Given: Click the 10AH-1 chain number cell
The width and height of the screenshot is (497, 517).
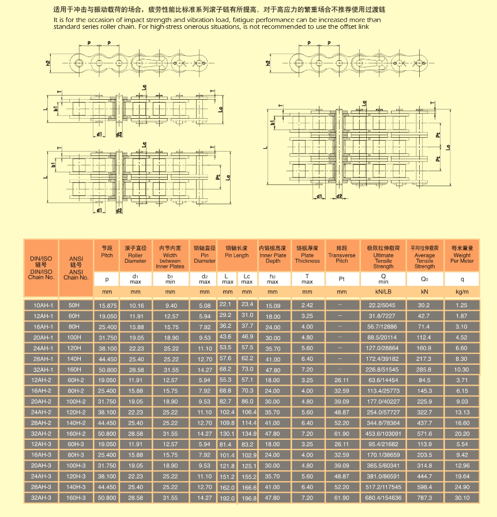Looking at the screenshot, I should [42, 305].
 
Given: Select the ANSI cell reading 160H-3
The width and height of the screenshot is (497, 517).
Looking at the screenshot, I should [76, 497].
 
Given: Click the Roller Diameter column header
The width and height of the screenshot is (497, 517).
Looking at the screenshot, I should [135, 255].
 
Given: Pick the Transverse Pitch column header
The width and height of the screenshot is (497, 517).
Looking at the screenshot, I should [342, 255].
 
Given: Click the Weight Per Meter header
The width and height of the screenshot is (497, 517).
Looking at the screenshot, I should [462, 255].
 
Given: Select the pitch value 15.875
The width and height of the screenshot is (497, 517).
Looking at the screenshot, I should [107, 305].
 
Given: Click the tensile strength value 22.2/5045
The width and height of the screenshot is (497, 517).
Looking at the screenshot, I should [383, 305].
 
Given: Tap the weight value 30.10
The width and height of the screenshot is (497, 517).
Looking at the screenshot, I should [461, 497].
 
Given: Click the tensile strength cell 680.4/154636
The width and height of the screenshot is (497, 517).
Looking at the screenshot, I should [383, 497].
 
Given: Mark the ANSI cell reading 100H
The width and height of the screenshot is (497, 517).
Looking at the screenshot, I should [76, 337].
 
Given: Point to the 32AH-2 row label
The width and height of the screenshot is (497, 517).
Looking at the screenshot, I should [42, 433].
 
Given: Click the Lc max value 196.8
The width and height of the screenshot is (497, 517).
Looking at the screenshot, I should [248, 498].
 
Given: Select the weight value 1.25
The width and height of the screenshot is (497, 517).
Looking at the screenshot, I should [461, 305].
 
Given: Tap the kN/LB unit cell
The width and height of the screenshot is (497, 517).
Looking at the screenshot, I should [383, 292].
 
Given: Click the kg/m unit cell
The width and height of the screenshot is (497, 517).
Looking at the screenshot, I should [462, 292].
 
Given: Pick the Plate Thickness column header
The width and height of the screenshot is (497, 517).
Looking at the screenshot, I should [307, 255].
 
